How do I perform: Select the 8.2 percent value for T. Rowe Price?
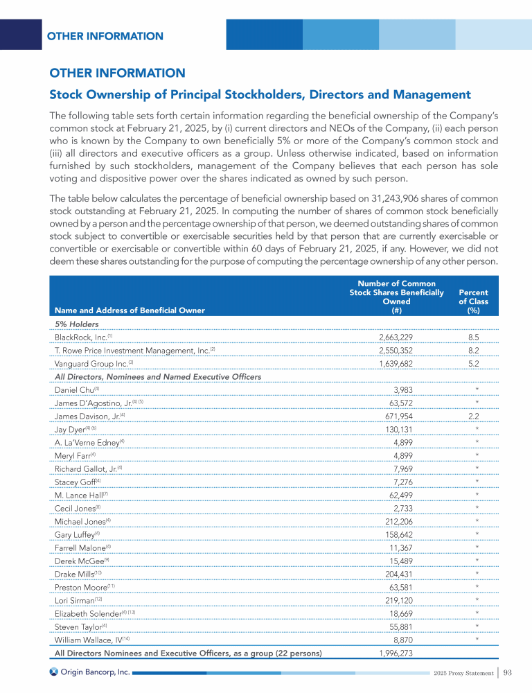[x=474, y=350]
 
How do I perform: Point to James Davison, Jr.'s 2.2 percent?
[x=474, y=416]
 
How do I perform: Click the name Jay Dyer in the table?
[x=72, y=429]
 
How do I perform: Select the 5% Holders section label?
[x=76, y=324]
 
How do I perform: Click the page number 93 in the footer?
[x=508, y=672]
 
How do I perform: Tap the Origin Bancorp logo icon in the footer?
[x=53, y=672]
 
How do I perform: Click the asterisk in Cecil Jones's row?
[x=477, y=508]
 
